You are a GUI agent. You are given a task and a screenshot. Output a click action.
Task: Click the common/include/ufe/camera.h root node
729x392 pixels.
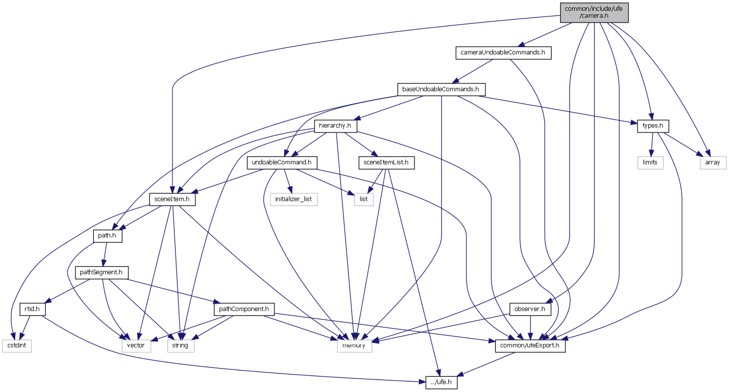coord(594,12)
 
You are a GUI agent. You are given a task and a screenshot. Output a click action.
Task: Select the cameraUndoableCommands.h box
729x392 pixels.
coord(503,52)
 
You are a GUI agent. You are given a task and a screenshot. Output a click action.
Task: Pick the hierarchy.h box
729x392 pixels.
coord(335,126)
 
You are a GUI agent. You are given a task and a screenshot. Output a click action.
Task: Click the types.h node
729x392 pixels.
coord(653,126)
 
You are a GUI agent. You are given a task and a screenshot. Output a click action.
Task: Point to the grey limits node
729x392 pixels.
coord(650,162)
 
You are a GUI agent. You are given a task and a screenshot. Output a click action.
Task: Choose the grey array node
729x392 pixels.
coord(712,162)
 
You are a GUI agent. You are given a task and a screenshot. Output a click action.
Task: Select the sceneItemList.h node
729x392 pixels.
coord(387,162)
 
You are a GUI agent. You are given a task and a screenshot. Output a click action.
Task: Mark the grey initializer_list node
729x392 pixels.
coord(293,199)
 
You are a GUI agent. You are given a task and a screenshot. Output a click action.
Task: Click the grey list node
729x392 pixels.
coord(364,199)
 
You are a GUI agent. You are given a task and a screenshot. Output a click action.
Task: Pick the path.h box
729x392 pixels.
coord(107,236)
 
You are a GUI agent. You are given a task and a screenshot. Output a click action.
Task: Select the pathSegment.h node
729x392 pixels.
coord(101,272)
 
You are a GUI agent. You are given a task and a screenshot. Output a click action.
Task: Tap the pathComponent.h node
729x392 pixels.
coord(243,309)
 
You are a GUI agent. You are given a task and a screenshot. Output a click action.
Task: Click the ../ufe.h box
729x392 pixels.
coord(441,383)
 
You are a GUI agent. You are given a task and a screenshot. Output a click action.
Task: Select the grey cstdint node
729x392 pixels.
coord(16,346)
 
